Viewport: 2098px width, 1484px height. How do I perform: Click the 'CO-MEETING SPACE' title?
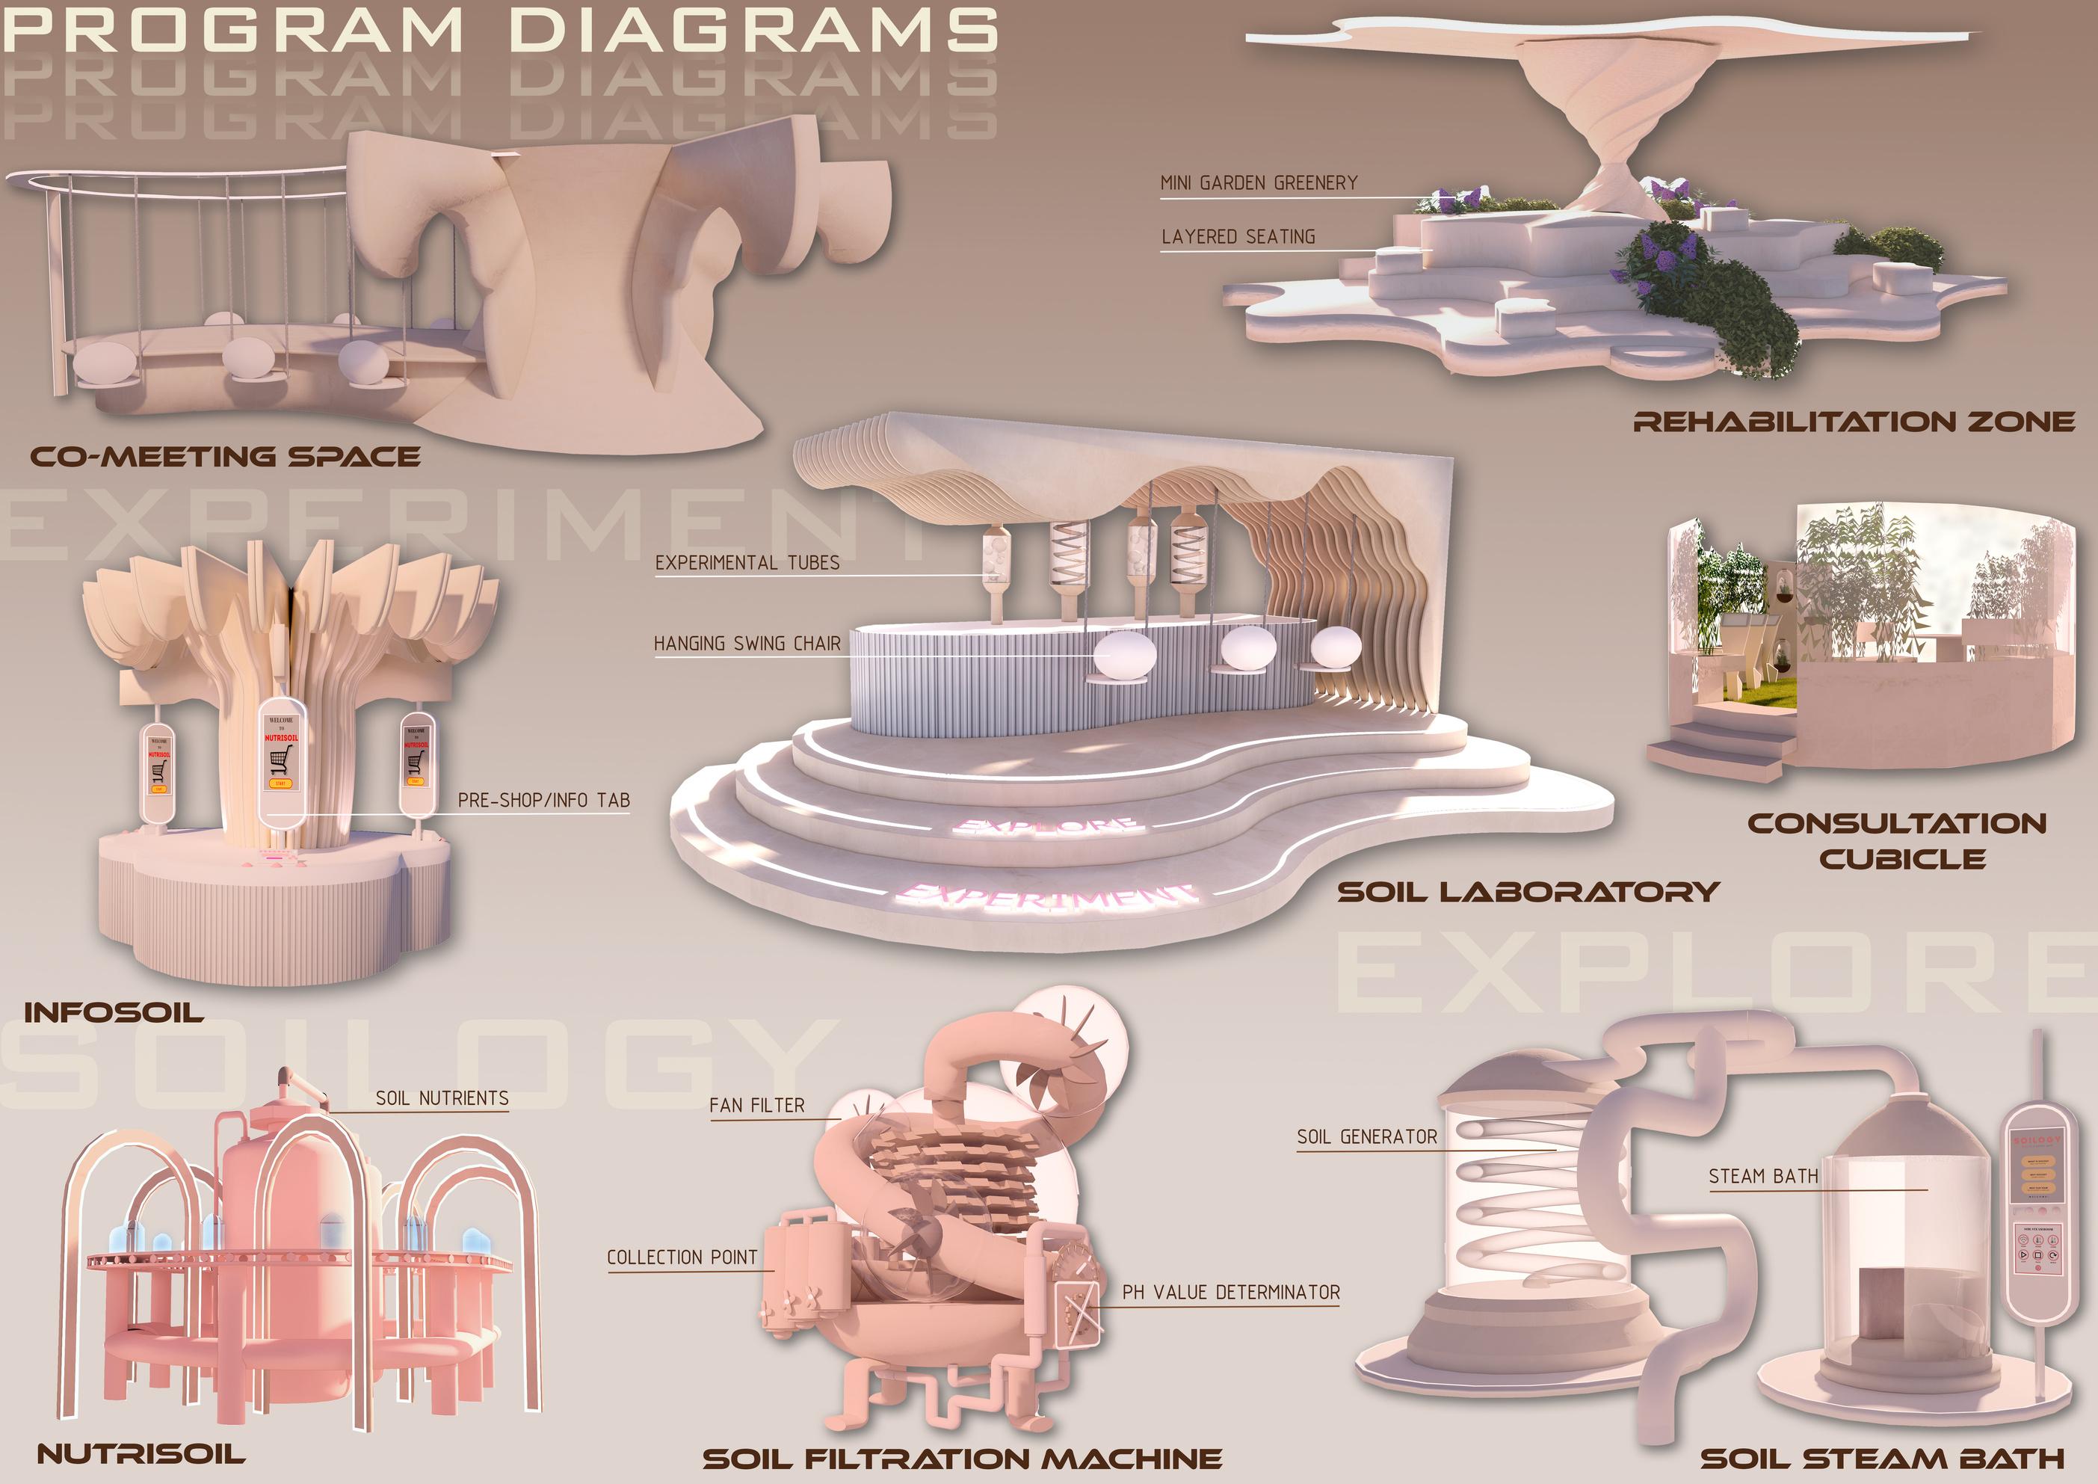pos(225,456)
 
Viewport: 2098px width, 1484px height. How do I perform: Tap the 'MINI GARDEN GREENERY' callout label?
pos(1258,182)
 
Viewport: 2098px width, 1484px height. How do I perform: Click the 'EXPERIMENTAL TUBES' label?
pos(747,563)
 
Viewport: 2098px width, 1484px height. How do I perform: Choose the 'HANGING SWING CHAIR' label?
pos(747,643)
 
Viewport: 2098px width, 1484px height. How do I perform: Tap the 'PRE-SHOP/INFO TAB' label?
pos(543,801)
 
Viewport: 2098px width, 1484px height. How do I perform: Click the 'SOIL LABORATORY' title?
pos(1528,891)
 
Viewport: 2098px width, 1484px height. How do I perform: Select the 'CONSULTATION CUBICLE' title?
pos(1896,841)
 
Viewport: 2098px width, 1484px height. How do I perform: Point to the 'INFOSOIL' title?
pos(114,1012)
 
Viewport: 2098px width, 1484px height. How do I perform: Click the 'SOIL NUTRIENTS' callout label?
pos(441,1098)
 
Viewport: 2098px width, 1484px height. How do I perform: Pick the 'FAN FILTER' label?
pos(756,1106)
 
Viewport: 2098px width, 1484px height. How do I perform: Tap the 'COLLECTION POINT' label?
pos(682,1257)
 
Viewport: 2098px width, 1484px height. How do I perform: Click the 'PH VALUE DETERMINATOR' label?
pos(1230,1292)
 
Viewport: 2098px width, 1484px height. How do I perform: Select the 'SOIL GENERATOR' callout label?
pos(1366,1137)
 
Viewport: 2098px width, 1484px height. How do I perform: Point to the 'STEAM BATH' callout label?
pos(1762,1176)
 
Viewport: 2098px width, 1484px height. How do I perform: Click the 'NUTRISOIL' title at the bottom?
pos(141,1454)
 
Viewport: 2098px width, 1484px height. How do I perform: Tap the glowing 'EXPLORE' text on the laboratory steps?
pos(1046,826)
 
